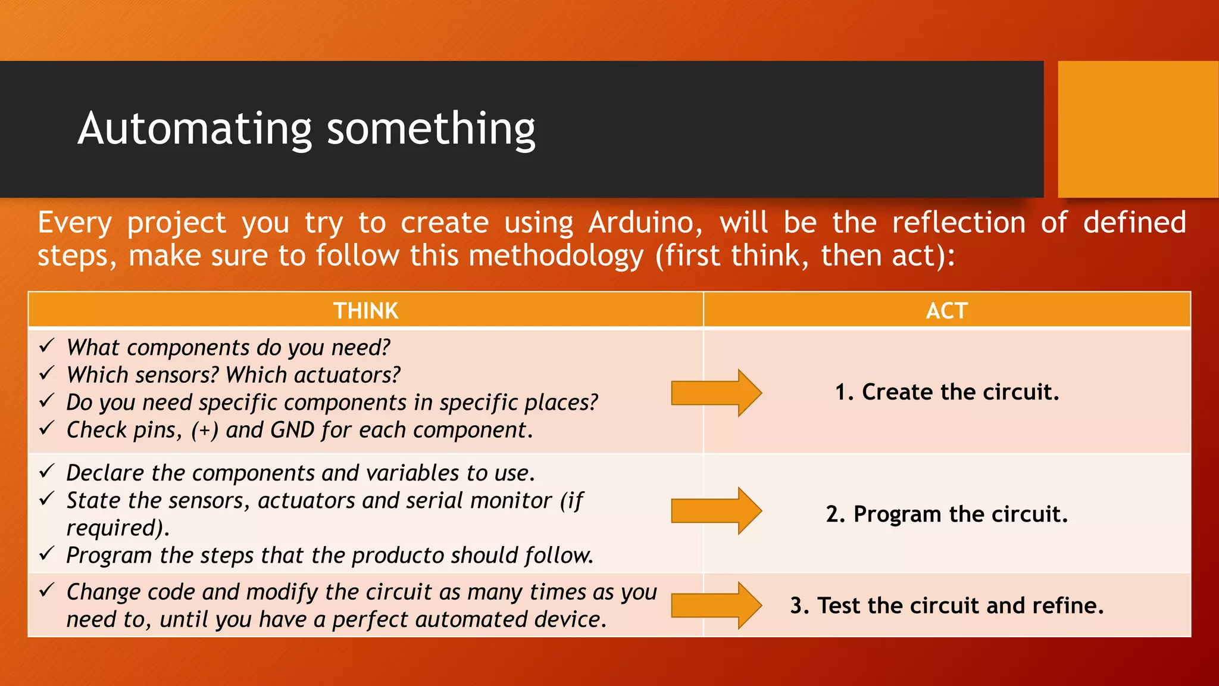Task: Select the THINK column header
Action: (365, 311)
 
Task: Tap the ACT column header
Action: (946, 311)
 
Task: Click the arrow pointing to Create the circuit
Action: (716, 393)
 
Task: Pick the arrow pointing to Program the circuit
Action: (716, 511)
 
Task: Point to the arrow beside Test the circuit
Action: (716, 606)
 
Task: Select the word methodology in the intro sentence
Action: (556, 257)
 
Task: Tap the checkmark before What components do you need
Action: (47, 345)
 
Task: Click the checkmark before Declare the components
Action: (47, 471)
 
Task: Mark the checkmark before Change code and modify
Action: (47, 590)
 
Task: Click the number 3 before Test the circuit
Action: (798, 606)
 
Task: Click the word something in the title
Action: (431, 129)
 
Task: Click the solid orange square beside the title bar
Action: (1137, 129)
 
